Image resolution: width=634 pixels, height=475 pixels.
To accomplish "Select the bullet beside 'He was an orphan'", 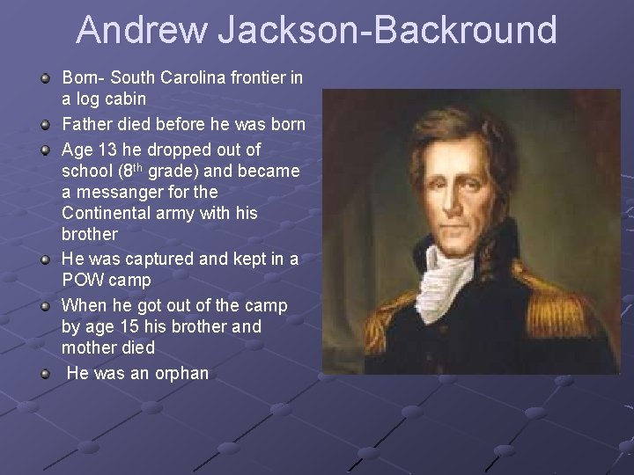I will (x=45, y=374).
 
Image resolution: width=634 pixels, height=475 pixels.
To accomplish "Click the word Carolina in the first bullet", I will (x=193, y=77).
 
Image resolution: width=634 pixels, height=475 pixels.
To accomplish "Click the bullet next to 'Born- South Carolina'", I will (x=45, y=78).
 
